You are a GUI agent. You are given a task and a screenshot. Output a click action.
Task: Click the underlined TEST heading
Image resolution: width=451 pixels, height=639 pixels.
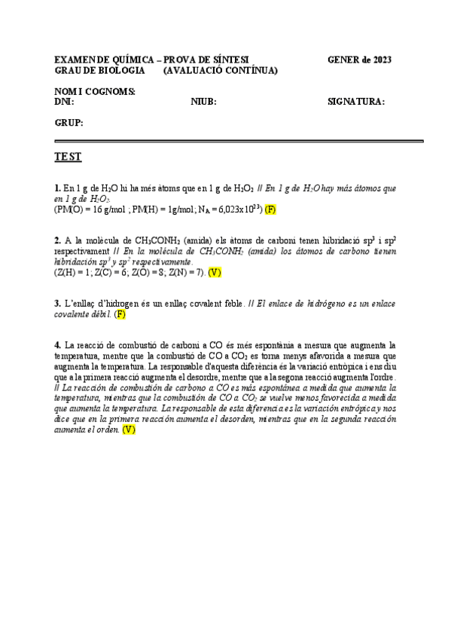tap(68, 157)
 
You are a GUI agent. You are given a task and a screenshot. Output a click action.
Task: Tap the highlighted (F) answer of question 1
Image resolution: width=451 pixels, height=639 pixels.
tap(271, 209)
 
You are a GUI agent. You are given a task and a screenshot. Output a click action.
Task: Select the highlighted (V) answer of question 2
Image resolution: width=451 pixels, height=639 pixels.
tap(215, 272)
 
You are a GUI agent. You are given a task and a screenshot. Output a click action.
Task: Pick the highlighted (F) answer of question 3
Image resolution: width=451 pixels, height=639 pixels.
tap(120, 314)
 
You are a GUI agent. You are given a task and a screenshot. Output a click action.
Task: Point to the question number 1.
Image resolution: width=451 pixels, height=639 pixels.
tap(57, 188)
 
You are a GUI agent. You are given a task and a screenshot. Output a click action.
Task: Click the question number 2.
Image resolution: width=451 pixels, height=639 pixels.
tap(57, 240)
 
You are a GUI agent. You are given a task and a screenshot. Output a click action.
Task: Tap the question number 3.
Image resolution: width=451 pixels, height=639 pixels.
tap(57, 304)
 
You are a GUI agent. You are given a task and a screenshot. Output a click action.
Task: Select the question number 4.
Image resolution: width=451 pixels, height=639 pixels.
tap(57, 344)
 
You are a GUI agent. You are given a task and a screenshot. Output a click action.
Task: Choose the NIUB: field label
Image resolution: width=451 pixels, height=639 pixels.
tap(204, 102)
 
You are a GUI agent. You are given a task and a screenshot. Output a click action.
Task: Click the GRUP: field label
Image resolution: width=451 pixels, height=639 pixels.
tap(69, 122)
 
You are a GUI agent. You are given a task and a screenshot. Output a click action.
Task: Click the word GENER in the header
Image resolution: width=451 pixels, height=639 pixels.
tap(343, 60)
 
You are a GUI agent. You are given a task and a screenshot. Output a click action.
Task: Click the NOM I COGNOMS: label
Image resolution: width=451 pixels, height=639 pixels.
tap(94, 91)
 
